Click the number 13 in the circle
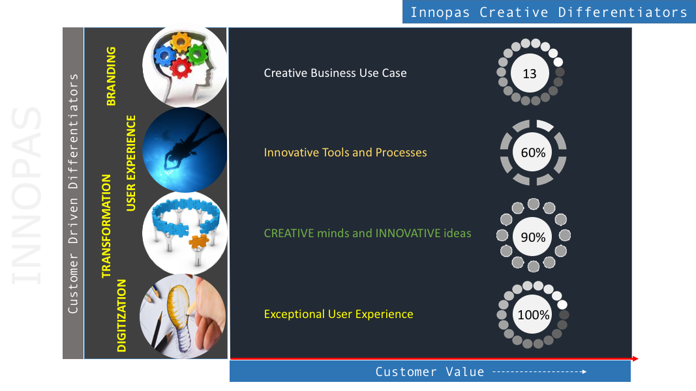click(x=530, y=74)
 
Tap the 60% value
click(x=533, y=152)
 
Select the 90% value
click(x=533, y=237)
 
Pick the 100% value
click(x=533, y=315)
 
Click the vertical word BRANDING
click(x=111, y=76)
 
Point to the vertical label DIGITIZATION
click(x=121, y=315)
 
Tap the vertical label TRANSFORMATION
click(x=106, y=226)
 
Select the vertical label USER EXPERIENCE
click(x=131, y=163)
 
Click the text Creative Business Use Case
click(x=335, y=73)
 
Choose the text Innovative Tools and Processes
click(x=345, y=152)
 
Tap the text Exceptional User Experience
click(x=339, y=314)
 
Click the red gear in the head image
click(x=181, y=68)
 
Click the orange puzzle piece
click(x=198, y=242)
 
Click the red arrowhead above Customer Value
click(x=635, y=358)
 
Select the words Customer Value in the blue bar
click(x=430, y=371)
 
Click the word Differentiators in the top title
click(x=623, y=12)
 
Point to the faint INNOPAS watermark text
click(x=26, y=195)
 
